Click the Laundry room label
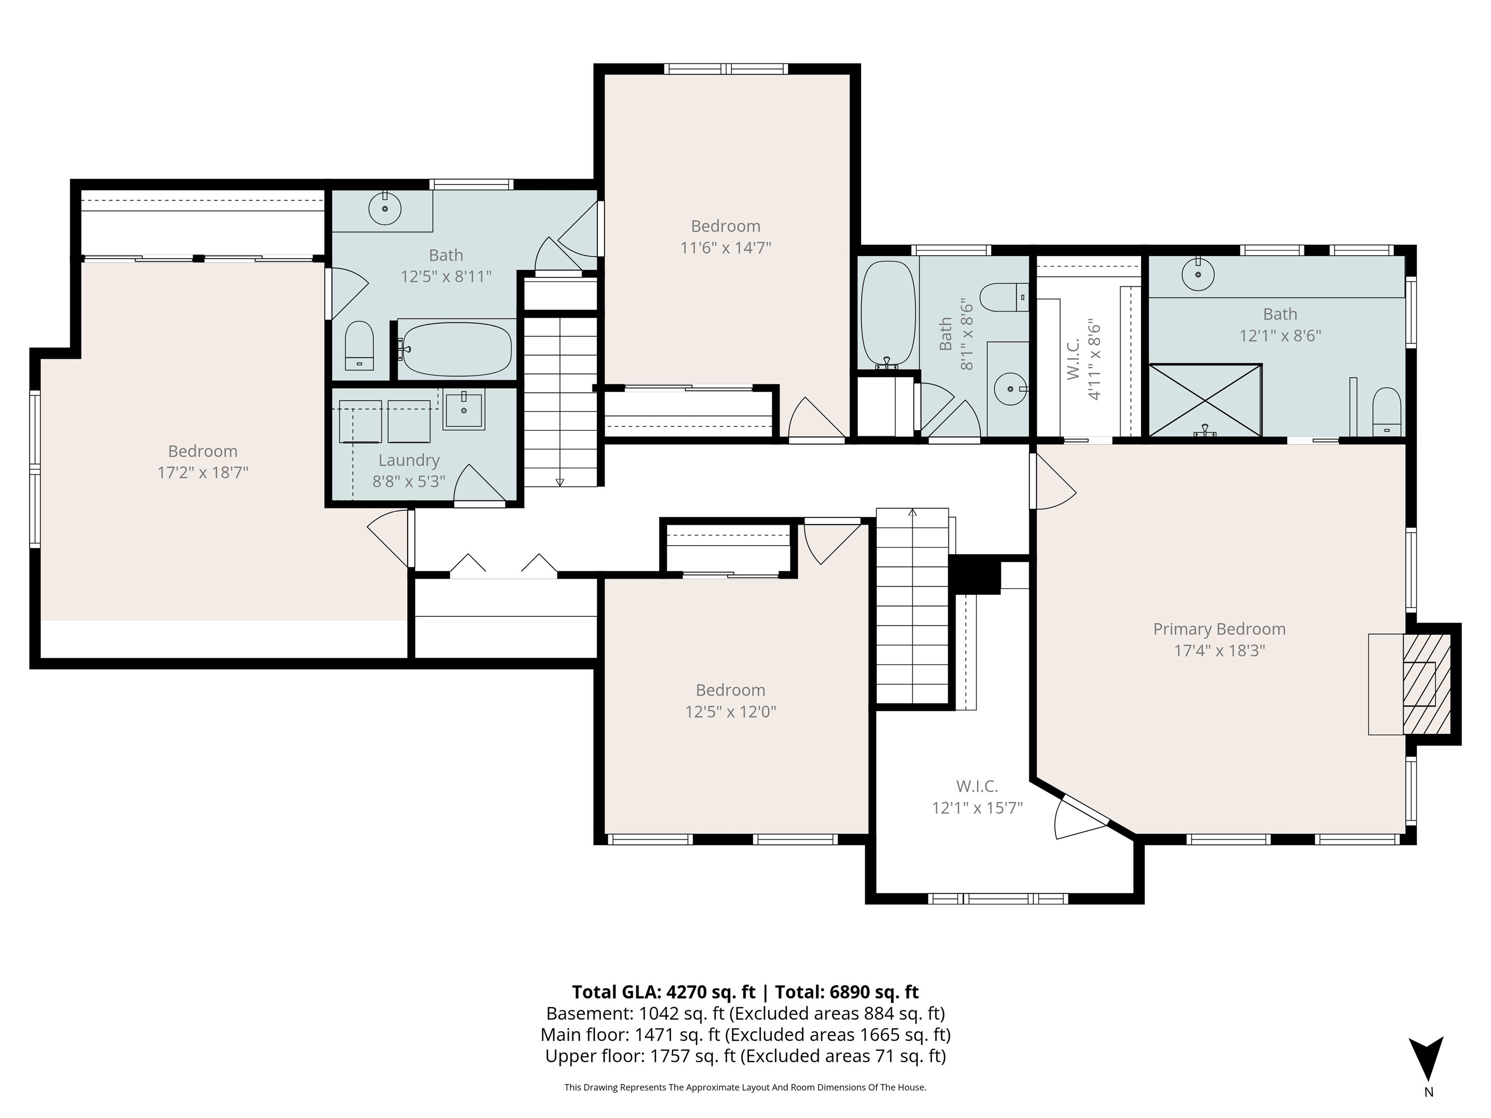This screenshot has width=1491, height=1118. [409, 460]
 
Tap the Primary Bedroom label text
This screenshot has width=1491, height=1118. [1219, 629]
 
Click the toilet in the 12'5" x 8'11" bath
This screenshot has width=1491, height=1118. [359, 345]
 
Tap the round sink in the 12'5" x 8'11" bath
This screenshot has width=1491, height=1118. [385, 209]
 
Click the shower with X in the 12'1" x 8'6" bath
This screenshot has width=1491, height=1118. [1205, 400]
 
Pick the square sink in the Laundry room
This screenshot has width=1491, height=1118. [464, 411]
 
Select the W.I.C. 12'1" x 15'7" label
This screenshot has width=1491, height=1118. [977, 786]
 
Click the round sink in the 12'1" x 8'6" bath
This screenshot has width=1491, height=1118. [1198, 274]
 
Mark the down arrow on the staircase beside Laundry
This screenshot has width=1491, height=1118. [560, 481]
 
